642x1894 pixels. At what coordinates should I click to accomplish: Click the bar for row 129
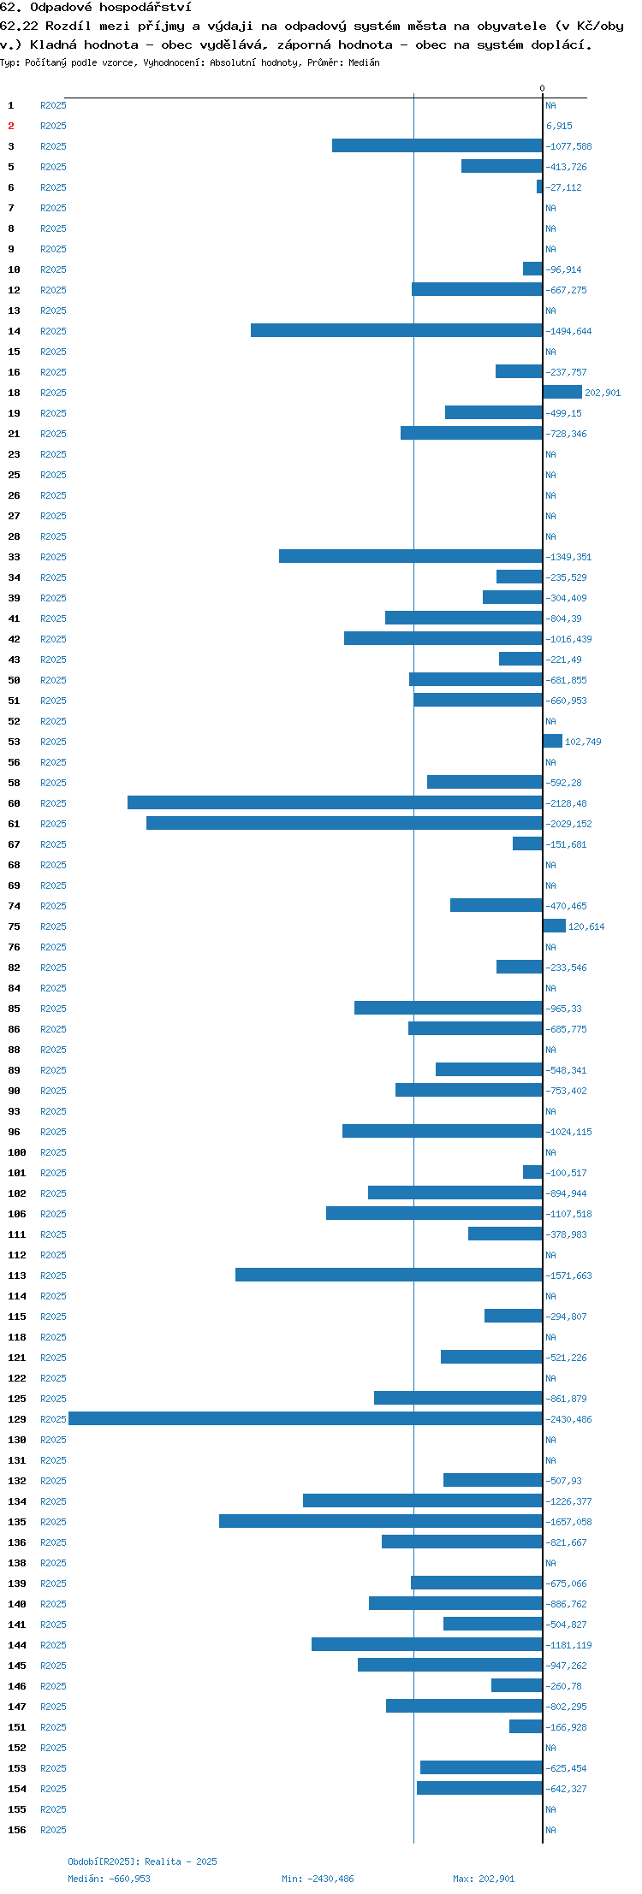click(x=306, y=1418)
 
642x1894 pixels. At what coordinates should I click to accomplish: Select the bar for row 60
click(x=335, y=802)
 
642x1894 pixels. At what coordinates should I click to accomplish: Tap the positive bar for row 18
click(x=562, y=392)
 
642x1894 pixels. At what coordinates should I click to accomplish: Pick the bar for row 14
click(x=396, y=330)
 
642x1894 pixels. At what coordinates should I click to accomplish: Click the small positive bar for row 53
click(x=553, y=741)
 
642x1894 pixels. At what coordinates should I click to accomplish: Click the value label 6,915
click(x=560, y=126)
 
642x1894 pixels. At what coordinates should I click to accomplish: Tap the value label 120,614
click(x=586, y=926)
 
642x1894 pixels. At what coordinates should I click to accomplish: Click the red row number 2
click(x=11, y=126)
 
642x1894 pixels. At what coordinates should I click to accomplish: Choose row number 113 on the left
click(x=17, y=1275)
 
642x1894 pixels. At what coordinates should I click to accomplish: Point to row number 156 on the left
click(x=17, y=1830)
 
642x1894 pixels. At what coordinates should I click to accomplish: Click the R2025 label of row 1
click(x=53, y=105)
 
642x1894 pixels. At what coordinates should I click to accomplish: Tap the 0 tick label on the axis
click(x=542, y=88)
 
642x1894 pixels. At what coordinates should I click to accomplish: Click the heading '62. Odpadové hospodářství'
click(x=96, y=8)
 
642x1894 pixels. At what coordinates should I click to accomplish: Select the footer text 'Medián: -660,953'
click(x=110, y=1879)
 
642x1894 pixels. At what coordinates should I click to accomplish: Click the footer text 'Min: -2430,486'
click(x=318, y=1879)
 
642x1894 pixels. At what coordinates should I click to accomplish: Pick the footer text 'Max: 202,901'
click(x=484, y=1879)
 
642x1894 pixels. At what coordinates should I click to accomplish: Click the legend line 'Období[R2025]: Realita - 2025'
click(x=143, y=1861)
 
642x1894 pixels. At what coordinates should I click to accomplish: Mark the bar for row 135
click(x=381, y=1521)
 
